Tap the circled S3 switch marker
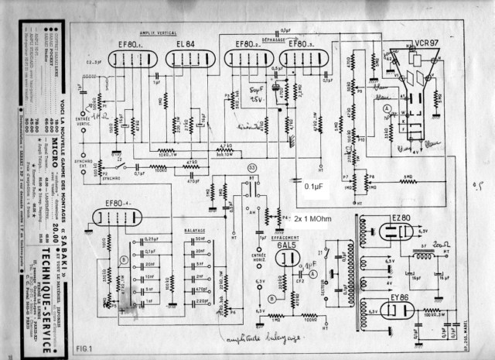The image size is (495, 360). (x=252, y=168)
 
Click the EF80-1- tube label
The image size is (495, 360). (x=128, y=43)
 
